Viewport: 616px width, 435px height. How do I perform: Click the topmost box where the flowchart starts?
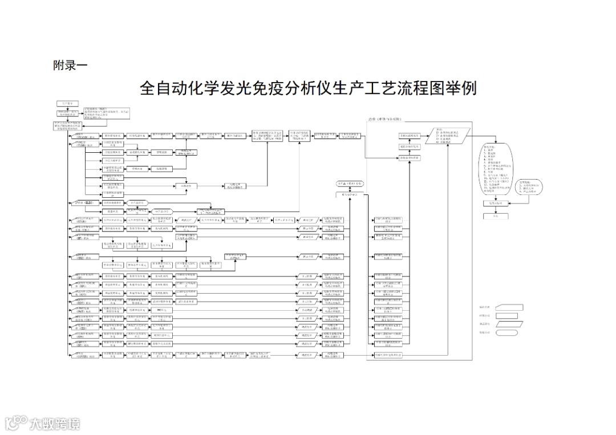click(x=67, y=103)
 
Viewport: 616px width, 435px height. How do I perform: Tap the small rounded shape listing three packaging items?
click(x=530, y=188)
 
